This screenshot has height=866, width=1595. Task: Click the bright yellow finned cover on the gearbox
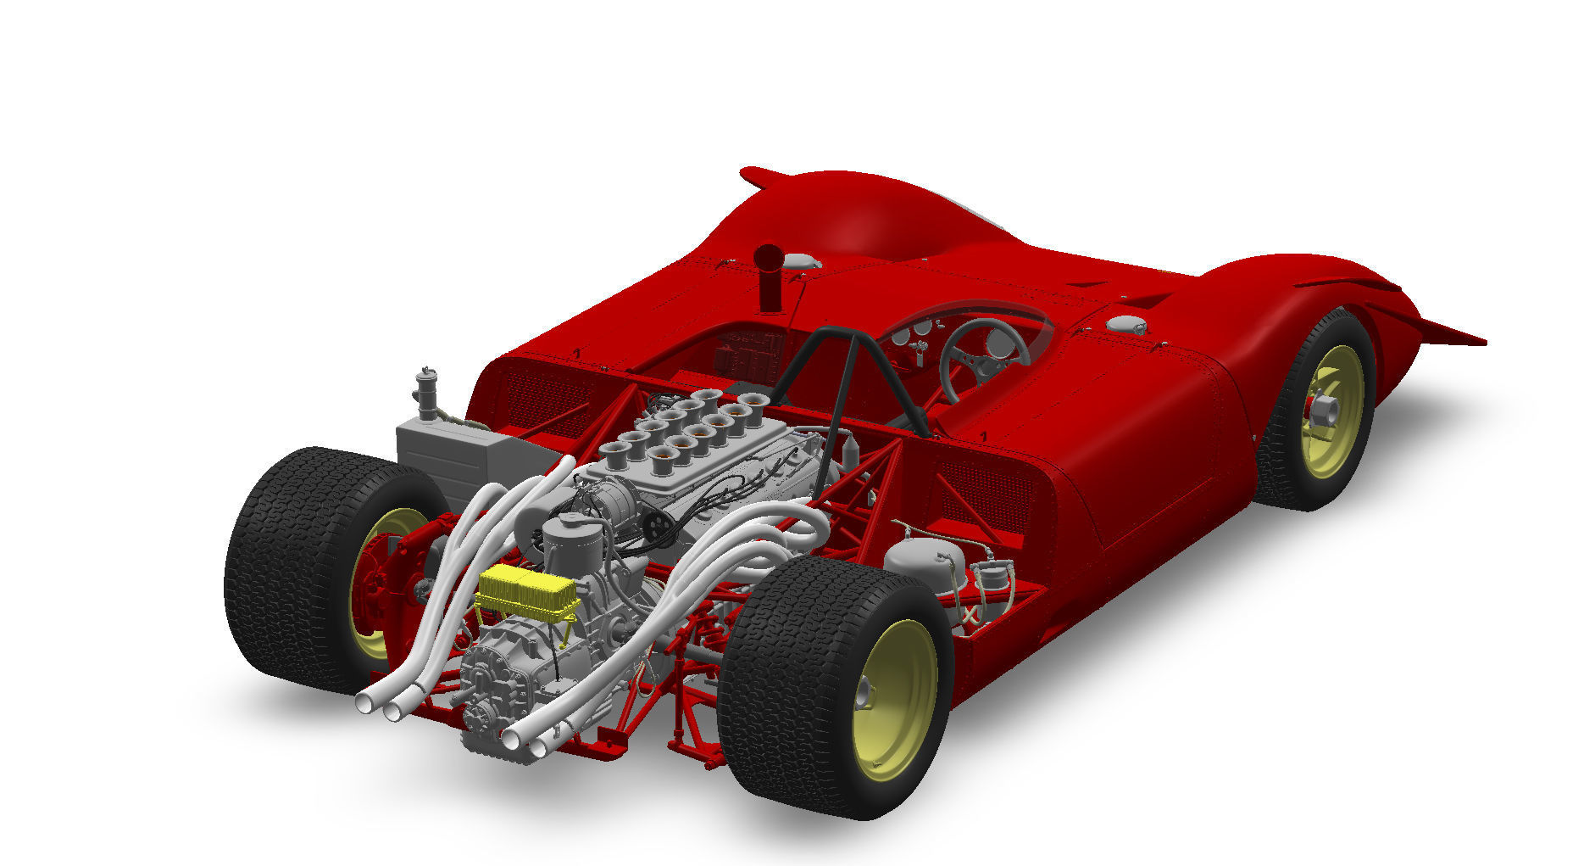[527, 590]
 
